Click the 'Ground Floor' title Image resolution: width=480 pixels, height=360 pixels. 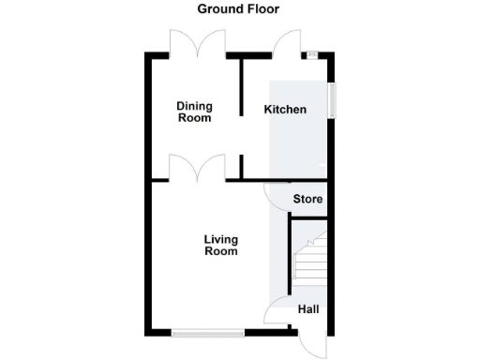[238, 9]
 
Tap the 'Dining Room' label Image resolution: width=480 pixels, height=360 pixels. [195, 112]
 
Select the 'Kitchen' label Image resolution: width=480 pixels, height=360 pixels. [285, 110]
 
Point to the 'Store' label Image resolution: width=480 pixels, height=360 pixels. [308, 200]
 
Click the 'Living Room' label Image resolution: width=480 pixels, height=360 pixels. [221, 245]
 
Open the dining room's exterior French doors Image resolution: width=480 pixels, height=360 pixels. [194, 43]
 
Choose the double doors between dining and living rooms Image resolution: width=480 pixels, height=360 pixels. [194, 169]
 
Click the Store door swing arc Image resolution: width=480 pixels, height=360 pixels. [277, 192]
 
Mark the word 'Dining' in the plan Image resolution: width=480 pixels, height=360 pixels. [195, 107]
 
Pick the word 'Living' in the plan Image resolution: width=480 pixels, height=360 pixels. [221, 239]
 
